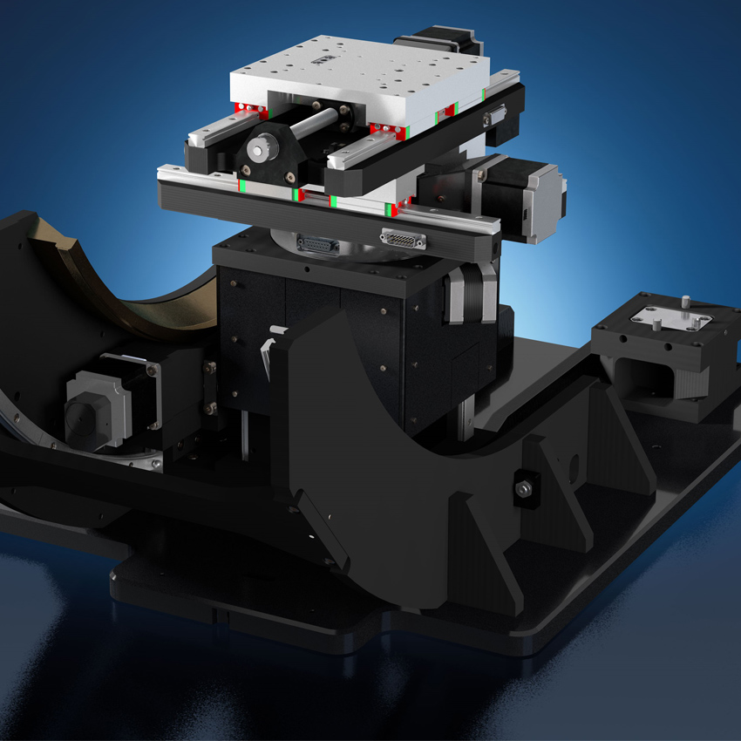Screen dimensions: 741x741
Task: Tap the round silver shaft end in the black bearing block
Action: tap(258, 150)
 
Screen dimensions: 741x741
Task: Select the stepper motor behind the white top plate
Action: tap(437, 46)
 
